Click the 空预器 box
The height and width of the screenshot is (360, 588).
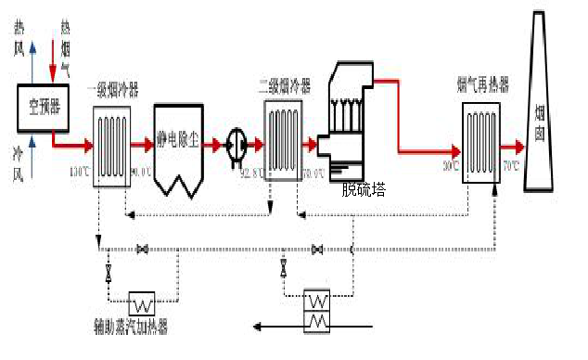42,108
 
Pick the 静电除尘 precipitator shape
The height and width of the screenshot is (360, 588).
179,148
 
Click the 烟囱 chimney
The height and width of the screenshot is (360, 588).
541,111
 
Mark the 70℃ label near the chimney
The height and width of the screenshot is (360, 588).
511,167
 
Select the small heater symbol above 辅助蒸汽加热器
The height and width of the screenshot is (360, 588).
142,303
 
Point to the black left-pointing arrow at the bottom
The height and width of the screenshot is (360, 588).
278,326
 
